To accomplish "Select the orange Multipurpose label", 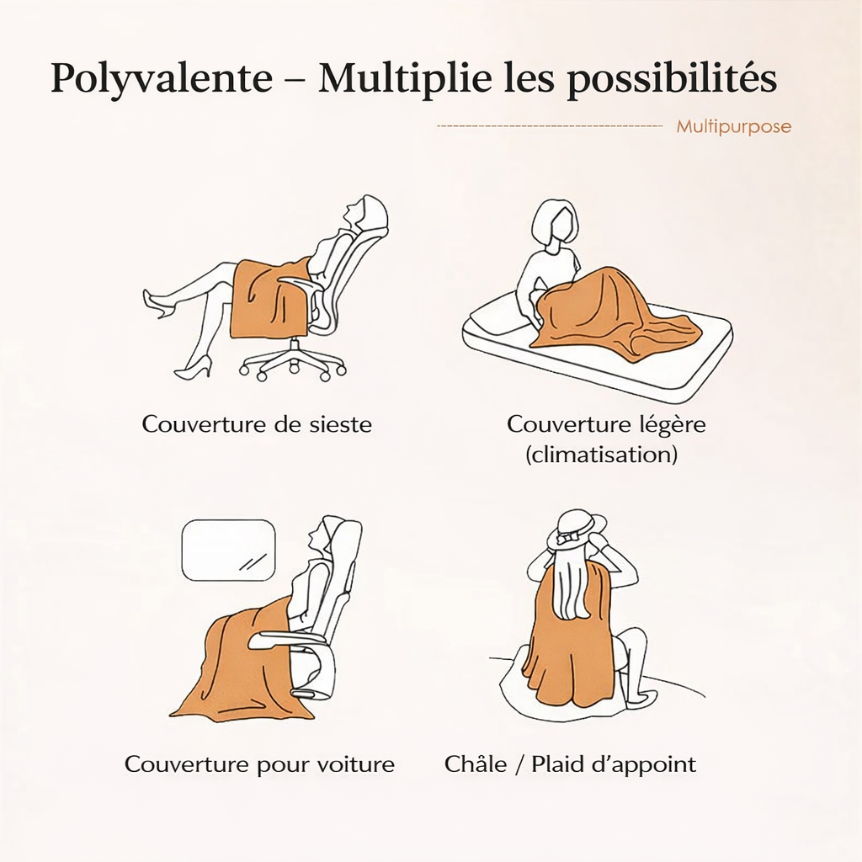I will pyautogui.click(x=733, y=127).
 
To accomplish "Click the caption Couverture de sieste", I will pyautogui.click(x=257, y=423).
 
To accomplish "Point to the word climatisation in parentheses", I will pyautogui.click(x=602, y=455).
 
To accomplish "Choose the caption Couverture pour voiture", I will pyautogui.click(x=259, y=764).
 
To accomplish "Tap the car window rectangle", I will pyautogui.click(x=229, y=551).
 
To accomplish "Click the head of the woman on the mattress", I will pyautogui.click(x=554, y=223).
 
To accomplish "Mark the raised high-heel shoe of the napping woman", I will pyautogui.click(x=158, y=303).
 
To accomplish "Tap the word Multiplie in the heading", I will pyautogui.click(x=405, y=79).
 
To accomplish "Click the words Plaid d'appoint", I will pyautogui.click(x=614, y=764).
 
